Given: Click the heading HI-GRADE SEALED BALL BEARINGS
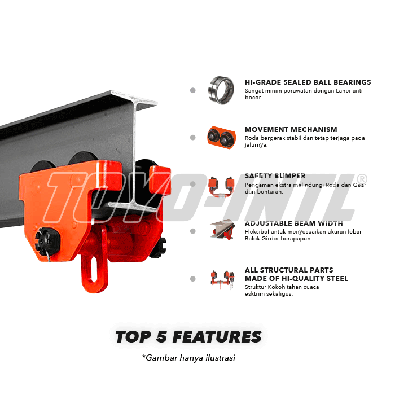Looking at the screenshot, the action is [x=308, y=82].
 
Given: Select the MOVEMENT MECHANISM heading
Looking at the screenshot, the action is [x=291, y=129].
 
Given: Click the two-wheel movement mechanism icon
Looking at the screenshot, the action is [x=221, y=138].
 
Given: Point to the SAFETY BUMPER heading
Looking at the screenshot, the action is [x=275, y=176].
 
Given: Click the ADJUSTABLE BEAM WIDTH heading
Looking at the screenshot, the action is [x=294, y=223].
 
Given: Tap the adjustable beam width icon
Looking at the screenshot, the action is [x=223, y=230].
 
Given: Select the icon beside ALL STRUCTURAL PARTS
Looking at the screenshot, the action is [x=223, y=280].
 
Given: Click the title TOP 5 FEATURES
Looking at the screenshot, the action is [x=188, y=336].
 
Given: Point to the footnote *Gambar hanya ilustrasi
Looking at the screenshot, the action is [x=188, y=358].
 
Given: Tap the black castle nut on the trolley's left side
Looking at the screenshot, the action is [x=47, y=241].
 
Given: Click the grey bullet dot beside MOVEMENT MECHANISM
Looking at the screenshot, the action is [x=193, y=138].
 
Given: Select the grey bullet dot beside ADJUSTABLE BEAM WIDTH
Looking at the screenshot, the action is [x=193, y=231].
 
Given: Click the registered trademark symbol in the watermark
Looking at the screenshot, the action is [x=362, y=179].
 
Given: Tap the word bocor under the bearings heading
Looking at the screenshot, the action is [x=253, y=98].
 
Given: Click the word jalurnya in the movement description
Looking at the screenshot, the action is [x=256, y=145].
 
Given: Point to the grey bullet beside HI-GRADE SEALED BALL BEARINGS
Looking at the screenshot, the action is [x=193, y=90].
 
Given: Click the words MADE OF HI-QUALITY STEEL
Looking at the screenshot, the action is [x=296, y=278].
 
